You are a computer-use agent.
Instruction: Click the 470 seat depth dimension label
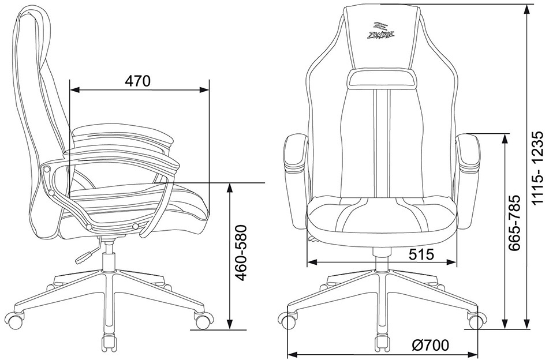click(x=137, y=81)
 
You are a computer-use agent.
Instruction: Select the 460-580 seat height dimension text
click(x=241, y=253)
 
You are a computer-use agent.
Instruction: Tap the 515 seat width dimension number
click(x=421, y=254)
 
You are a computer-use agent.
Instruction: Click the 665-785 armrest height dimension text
click(x=515, y=223)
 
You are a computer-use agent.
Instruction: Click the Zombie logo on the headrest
click(x=381, y=31)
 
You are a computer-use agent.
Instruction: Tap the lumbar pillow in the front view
click(x=382, y=78)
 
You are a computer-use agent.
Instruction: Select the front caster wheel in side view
click(x=204, y=320)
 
